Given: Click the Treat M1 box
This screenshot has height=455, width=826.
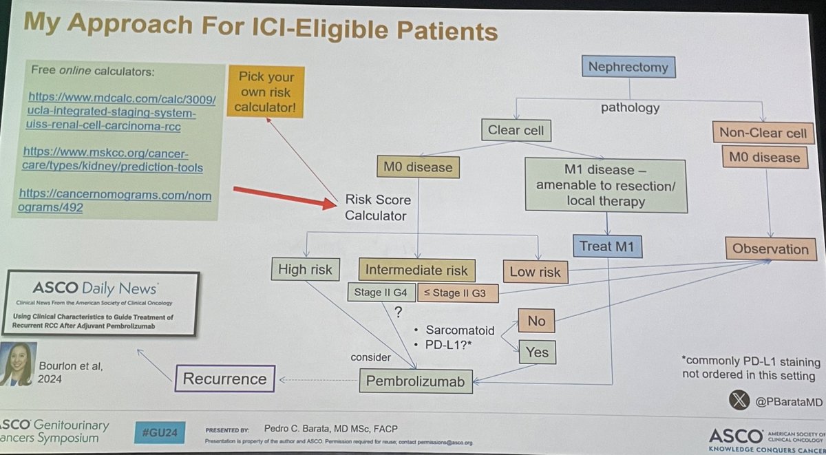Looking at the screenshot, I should [607, 246].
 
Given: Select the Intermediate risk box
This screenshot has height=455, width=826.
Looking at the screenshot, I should [416, 270].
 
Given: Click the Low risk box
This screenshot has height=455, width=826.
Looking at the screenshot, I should [536, 271].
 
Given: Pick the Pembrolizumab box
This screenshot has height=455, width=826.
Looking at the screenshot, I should [416, 379].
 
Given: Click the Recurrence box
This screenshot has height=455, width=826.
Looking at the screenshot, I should [224, 378].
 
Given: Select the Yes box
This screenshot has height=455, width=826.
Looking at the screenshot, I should [538, 352].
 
